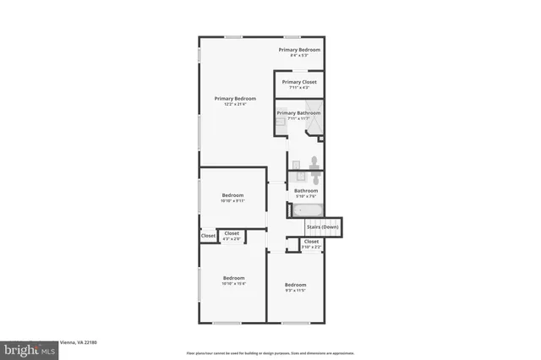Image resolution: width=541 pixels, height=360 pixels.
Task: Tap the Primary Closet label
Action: click(x=299, y=85)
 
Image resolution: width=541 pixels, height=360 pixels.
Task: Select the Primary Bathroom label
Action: click(x=298, y=115)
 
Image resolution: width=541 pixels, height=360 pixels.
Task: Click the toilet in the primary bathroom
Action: click(x=313, y=161)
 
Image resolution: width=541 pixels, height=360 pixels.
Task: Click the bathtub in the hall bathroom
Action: click(x=303, y=208)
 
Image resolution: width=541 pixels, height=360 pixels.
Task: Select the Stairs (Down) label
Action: click(x=323, y=226)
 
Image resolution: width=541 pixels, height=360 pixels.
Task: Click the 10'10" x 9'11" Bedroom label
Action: click(x=232, y=198)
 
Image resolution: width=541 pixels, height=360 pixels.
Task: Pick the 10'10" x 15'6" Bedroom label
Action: click(x=233, y=281)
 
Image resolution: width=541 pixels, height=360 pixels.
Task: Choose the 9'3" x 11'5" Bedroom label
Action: click(x=294, y=286)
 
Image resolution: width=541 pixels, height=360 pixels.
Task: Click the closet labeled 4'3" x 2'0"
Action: click(x=231, y=236)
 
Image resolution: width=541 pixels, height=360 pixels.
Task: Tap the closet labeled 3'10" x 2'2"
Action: click(x=311, y=243)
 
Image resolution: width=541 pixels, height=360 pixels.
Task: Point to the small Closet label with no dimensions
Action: click(x=208, y=236)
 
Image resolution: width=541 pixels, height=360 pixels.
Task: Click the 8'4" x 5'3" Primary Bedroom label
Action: click(x=299, y=52)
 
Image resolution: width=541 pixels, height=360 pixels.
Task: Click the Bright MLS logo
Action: click(x=27, y=348)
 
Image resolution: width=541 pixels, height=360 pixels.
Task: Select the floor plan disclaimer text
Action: click(x=270, y=353)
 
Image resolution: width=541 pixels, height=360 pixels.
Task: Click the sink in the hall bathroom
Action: click(x=296, y=178)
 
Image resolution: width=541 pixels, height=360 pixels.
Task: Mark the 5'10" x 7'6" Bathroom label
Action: click(x=305, y=193)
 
